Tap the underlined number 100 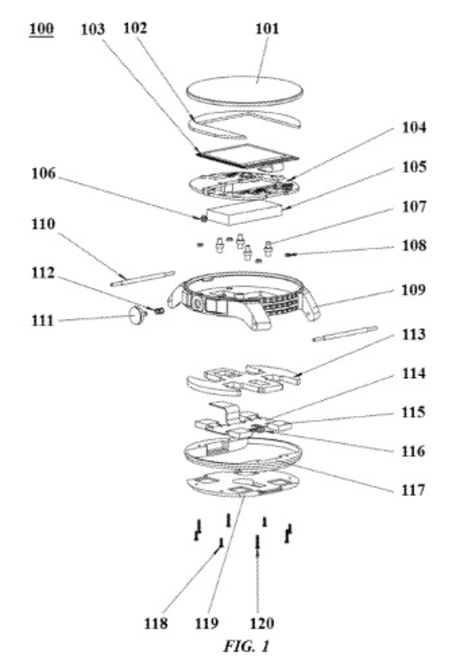pyautogui.click(x=41, y=29)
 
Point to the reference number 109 pyautogui.click(x=413, y=290)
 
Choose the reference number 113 pyautogui.click(x=413, y=334)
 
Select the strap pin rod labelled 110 pyautogui.click(x=143, y=278)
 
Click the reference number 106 pyautogui.click(x=44, y=173)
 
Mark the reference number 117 pyautogui.click(x=413, y=490)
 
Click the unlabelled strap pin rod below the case pyautogui.click(x=345, y=334)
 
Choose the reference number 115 pyautogui.click(x=413, y=412)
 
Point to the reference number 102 pyautogui.click(x=135, y=28)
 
